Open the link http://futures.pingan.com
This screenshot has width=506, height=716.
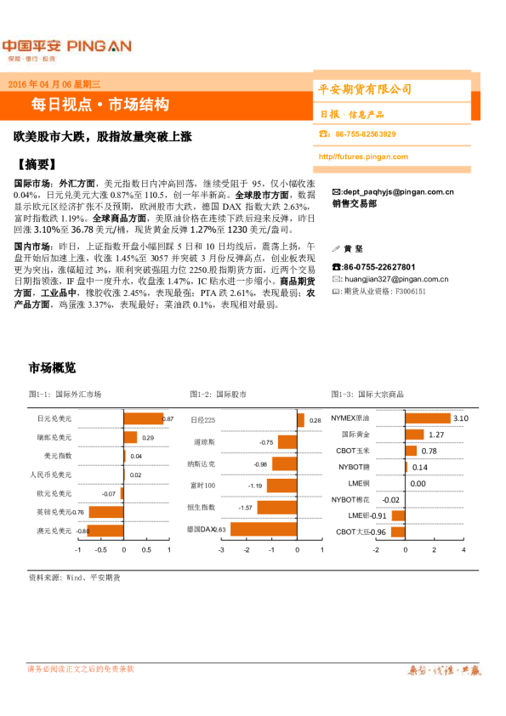click(363, 156)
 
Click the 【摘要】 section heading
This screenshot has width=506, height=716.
click(37, 164)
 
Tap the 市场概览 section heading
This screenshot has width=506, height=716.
click(52, 367)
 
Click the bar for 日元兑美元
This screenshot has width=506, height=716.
click(143, 419)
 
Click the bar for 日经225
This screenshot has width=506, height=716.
click(299, 420)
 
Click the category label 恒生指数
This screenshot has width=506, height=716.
click(202, 507)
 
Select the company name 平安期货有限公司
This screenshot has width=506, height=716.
click(365, 88)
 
